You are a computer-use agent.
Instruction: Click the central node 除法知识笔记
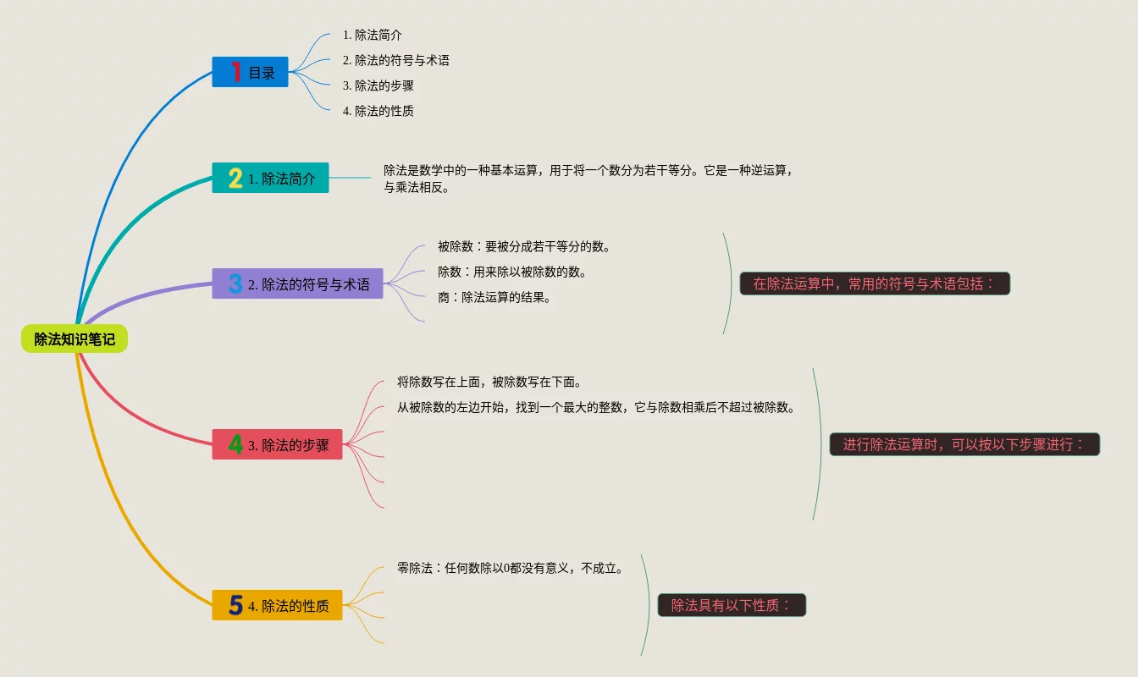pyautogui.click(x=75, y=339)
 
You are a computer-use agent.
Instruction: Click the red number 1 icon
pyautogui.click(x=236, y=72)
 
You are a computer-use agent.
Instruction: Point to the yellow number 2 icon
pyautogui.click(x=235, y=178)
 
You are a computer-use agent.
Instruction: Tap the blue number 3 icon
pyautogui.click(x=235, y=283)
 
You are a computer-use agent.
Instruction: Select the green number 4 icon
pyautogui.click(x=235, y=444)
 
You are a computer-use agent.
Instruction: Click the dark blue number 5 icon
pyautogui.click(x=235, y=605)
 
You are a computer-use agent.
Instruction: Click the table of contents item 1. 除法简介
pyautogui.click(x=372, y=35)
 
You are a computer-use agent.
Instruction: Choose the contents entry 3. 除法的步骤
pyautogui.click(x=378, y=85)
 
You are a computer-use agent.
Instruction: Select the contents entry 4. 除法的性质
pyautogui.click(x=378, y=111)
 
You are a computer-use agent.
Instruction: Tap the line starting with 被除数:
pyautogui.click(x=523, y=246)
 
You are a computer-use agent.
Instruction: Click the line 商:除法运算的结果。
pyautogui.click(x=494, y=297)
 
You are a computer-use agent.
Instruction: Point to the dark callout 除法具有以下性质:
pyautogui.click(x=732, y=605)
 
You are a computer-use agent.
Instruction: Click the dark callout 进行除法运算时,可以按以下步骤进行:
pyautogui.click(x=964, y=444)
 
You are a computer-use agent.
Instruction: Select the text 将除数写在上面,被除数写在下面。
pyautogui.click(x=489, y=382)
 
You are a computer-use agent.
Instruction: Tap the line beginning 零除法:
pyautogui.click(x=510, y=568)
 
